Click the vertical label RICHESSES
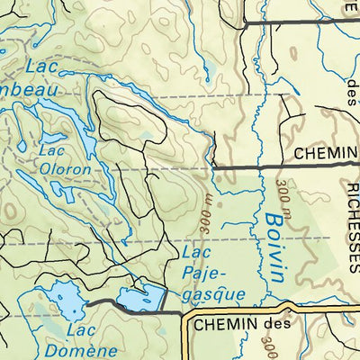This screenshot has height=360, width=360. (x=350, y=225)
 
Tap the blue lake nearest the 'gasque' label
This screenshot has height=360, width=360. (x=139, y=298)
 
